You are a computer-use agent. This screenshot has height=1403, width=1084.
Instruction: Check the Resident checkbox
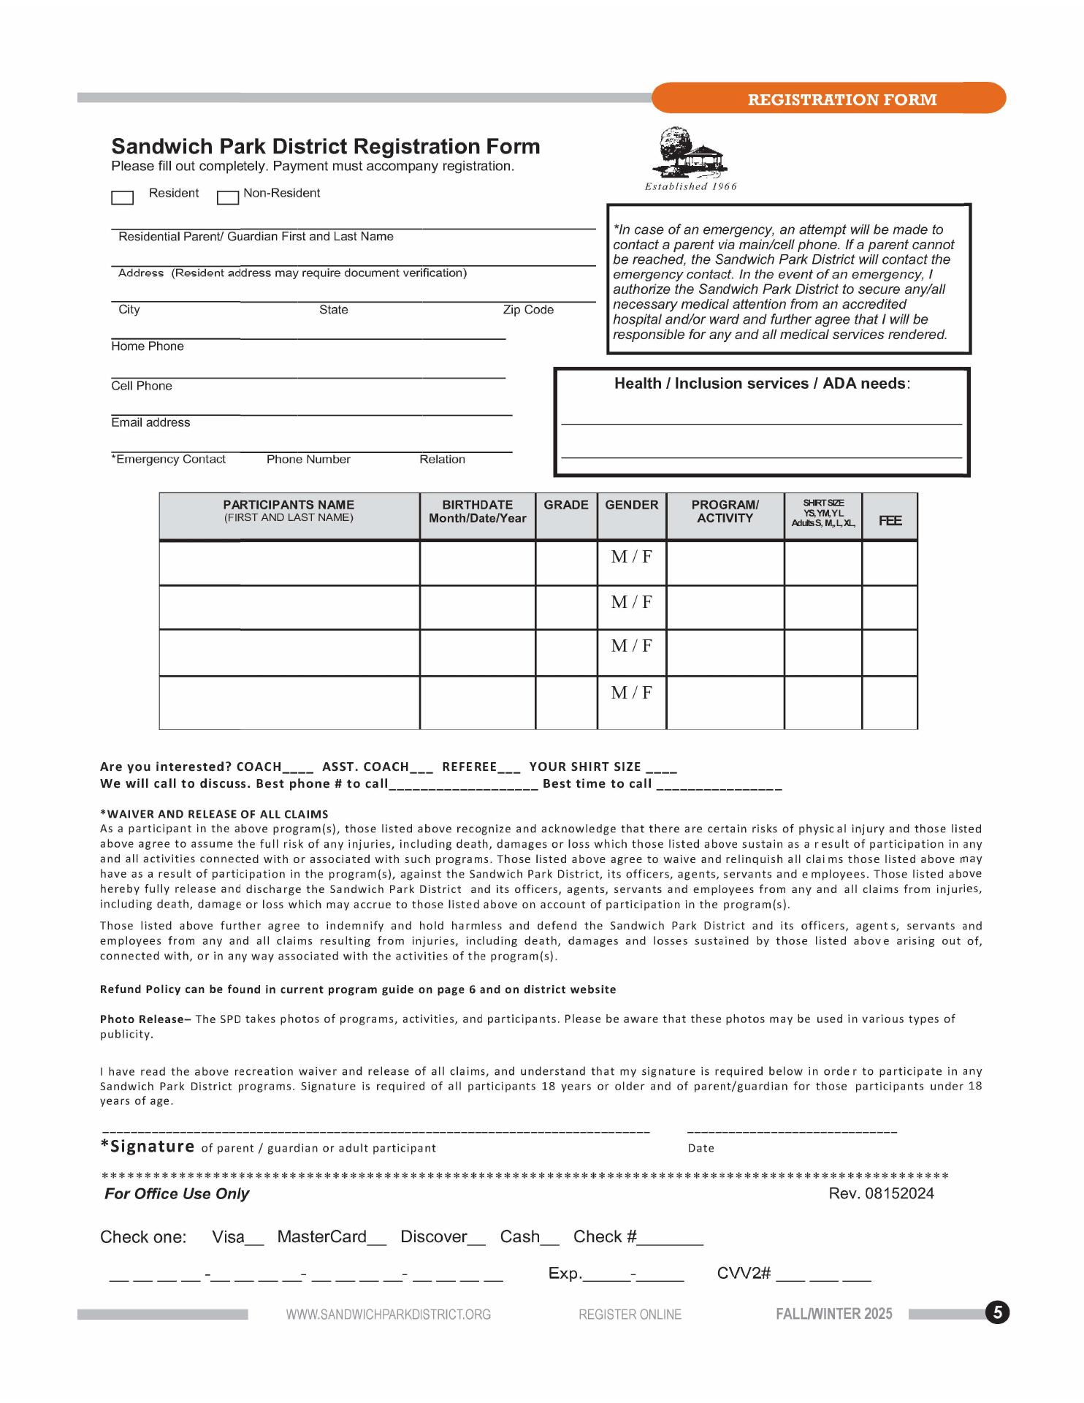[122, 197]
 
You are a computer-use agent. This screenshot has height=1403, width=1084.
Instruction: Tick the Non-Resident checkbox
[228, 197]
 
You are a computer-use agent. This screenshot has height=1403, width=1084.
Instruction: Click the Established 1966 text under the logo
[690, 186]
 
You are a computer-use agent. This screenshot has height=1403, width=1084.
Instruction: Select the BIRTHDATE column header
[477, 512]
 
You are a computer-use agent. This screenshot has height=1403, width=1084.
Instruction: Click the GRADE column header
[566, 505]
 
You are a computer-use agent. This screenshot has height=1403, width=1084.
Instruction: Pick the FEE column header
[890, 521]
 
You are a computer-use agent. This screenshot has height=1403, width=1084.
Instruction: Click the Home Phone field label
[148, 346]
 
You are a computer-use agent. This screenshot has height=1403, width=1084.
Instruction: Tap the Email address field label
[150, 423]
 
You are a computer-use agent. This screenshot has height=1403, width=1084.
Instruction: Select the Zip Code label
[528, 310]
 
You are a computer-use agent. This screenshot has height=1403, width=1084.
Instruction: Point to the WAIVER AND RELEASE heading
[214, 814]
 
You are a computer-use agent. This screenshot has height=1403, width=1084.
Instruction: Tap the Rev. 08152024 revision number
[881, 1194]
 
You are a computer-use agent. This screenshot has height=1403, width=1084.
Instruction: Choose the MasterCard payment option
[322, 1237]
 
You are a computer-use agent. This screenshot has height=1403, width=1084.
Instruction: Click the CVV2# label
[744, 1274]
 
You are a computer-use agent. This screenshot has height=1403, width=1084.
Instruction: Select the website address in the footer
[389, 1315]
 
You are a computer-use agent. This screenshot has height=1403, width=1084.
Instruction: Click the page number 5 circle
[998, 1313]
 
